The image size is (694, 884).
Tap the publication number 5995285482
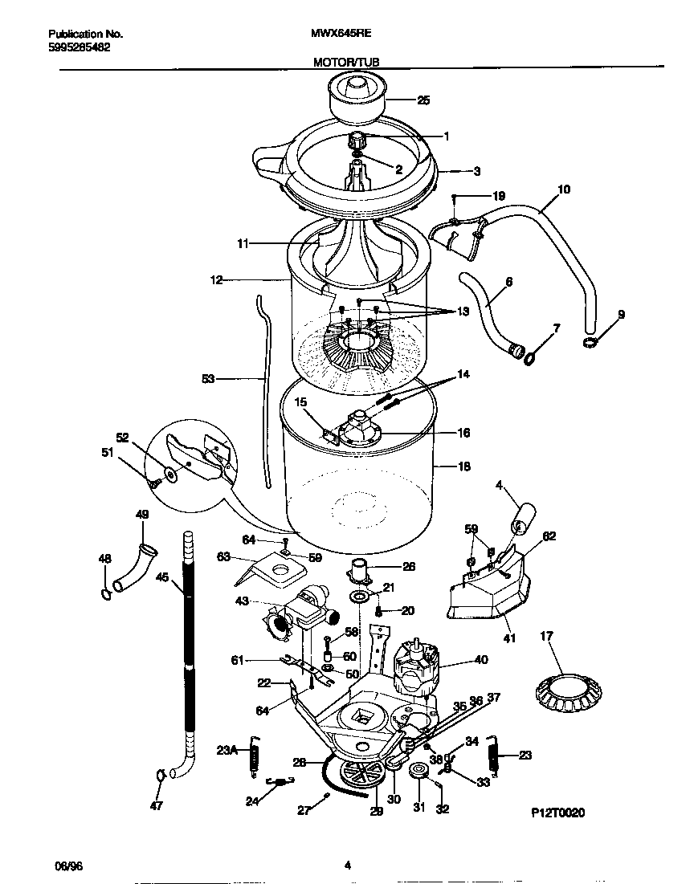(80, 47)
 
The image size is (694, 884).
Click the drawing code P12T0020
(557, 813)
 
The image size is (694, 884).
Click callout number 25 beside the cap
(423, 100)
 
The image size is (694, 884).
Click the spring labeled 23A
(255, 756)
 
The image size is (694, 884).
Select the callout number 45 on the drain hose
(163, 576)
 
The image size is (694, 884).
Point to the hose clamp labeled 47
(161, 776)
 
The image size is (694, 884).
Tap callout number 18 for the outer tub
(463, 466)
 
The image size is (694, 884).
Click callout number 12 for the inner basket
(215, 279)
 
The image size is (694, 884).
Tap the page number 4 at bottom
(347, 865)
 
